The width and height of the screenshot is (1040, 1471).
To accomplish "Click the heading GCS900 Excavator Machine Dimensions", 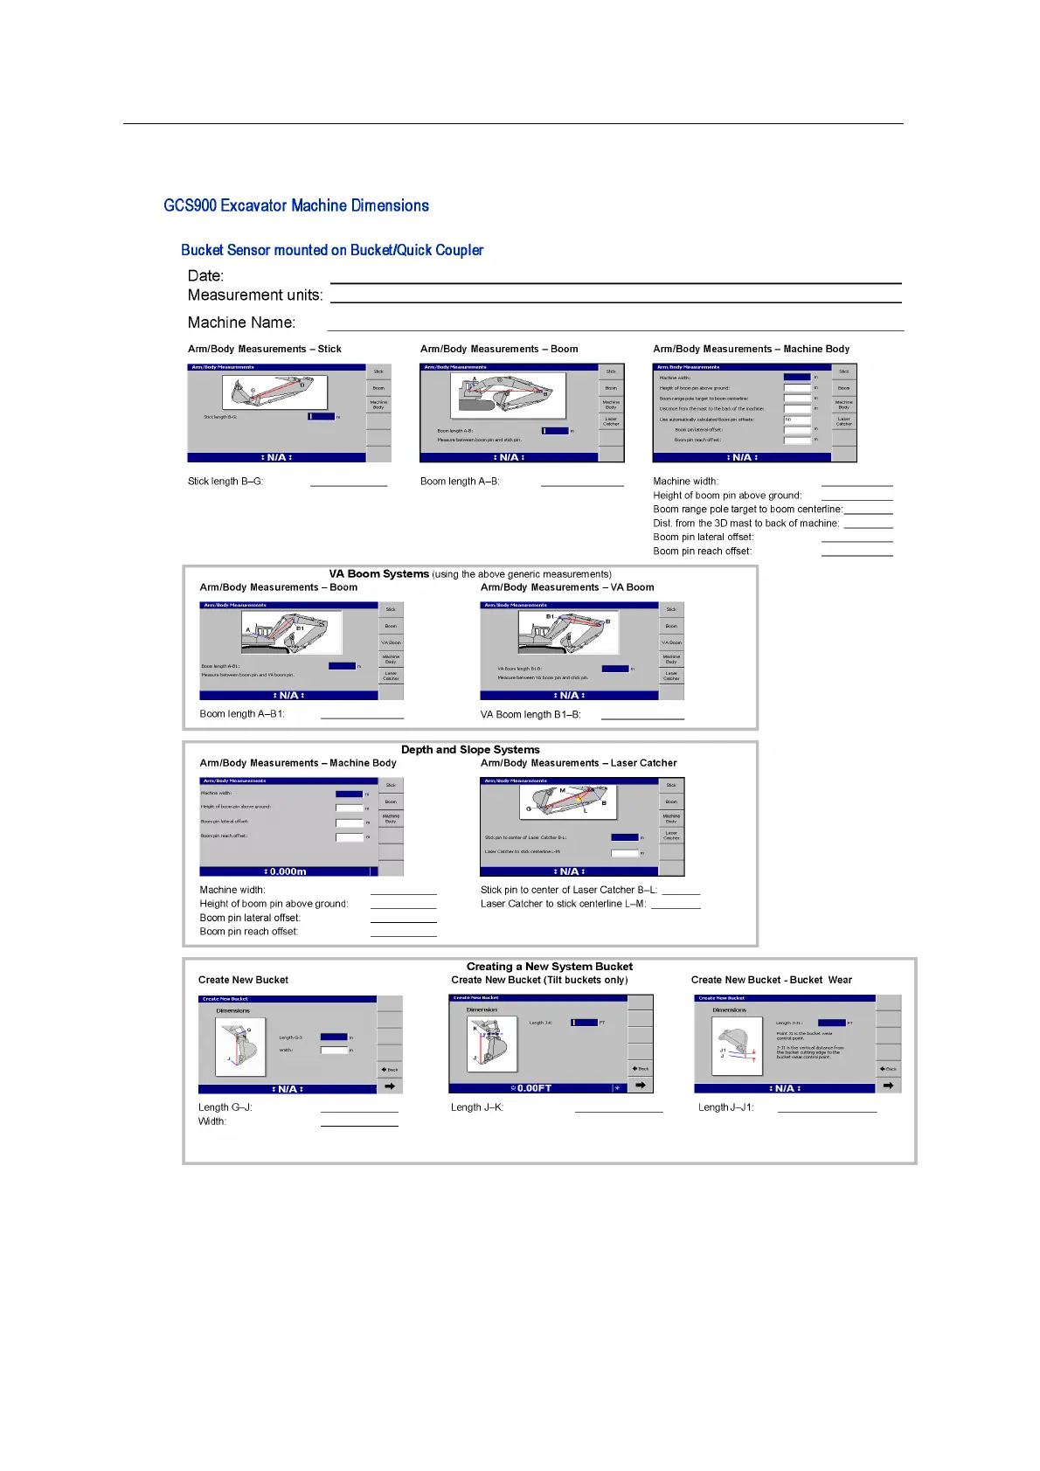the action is [x=296, y=205].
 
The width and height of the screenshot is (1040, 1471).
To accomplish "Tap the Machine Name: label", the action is [x=241, y=323].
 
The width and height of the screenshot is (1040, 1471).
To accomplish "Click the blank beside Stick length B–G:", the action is [x=348, y=483].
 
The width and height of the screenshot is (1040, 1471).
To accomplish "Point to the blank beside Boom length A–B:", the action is [x=582, y=483].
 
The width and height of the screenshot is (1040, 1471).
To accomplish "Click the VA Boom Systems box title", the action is [x=379, y=574].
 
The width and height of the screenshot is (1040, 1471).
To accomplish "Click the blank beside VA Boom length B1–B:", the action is [x=642, y=717].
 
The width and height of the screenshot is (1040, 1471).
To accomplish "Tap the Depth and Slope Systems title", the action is [x=470, y=750].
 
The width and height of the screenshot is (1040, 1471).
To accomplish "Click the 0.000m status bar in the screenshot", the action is [x=287, y=871].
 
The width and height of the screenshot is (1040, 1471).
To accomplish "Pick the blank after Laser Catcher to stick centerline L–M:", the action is [x=676, y=906].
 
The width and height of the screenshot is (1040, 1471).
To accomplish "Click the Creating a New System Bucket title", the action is [x=549, y=967].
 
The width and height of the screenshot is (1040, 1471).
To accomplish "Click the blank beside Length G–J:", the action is [x=359, y=1109].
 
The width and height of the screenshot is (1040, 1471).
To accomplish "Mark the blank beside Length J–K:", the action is [x=619, y=1109].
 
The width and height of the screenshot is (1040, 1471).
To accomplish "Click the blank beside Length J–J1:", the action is [x=827, y=1109].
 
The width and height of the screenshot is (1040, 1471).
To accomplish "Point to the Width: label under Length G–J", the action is [x=212, y=1121].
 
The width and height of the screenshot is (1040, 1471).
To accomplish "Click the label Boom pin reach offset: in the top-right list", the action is [x=702, y=552].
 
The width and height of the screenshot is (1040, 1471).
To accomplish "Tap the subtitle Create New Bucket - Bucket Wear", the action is [x=771, y=980].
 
